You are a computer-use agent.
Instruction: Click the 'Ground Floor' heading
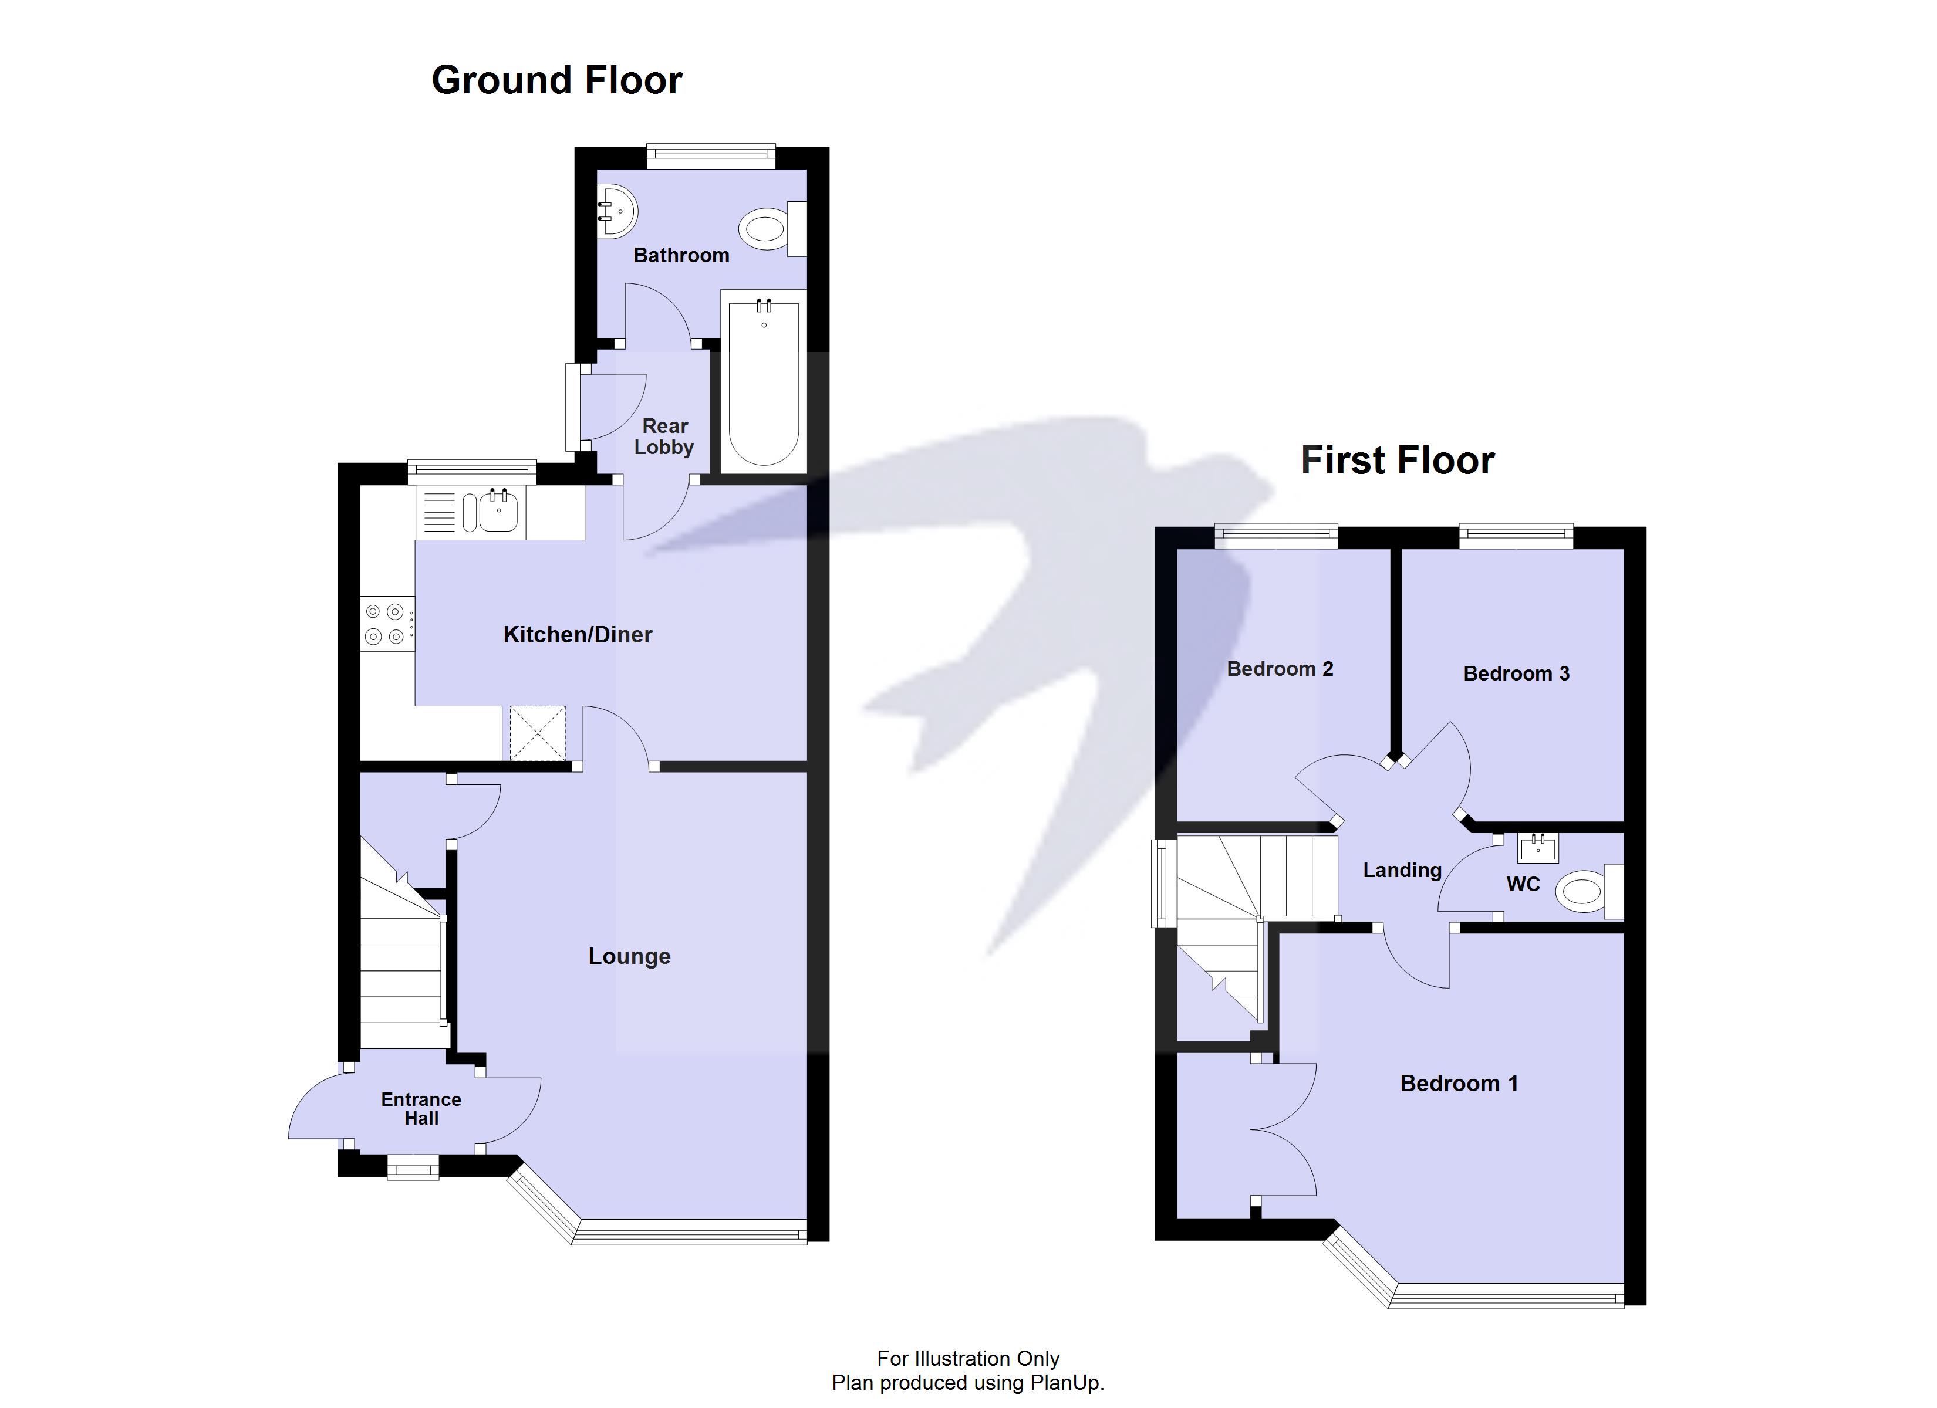coord(557,81)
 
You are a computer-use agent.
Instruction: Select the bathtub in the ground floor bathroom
coord(764,382)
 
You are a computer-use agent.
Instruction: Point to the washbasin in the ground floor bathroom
coord(616,211)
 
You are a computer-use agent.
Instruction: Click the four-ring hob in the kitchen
coord(385,623)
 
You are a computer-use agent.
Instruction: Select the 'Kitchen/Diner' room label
coord(578,634)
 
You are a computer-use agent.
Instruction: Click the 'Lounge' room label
coord(629,956)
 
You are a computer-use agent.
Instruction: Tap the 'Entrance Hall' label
coord(421,1108)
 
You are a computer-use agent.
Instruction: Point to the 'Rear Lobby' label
coord(664,436)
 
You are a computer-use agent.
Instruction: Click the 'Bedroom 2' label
coord(1280,669)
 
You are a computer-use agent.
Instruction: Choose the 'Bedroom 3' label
coord(1516,673)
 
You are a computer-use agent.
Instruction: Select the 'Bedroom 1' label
coord(1459,1084)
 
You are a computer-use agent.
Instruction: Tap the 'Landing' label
coord(1402,870)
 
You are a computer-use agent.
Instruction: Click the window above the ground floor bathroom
coord(711,154)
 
